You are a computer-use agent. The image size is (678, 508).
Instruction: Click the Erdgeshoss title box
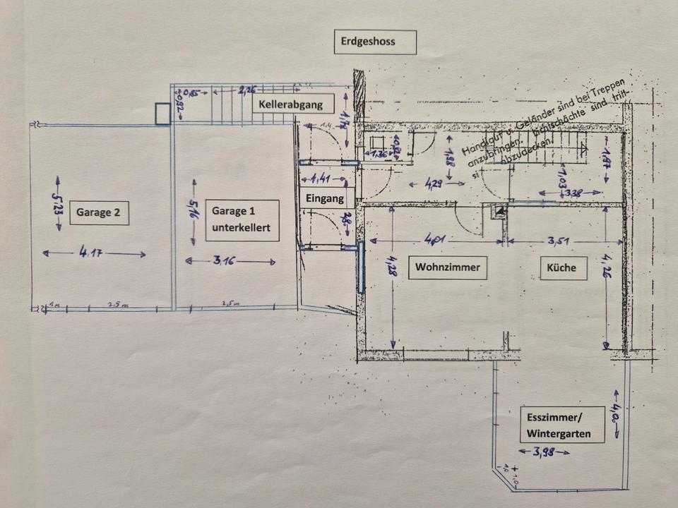pos(375,42)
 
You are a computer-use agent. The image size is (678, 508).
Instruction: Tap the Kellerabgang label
pos(291,105)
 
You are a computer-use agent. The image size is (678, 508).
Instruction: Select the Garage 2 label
pos(99,212)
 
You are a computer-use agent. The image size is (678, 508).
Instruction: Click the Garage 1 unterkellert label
pos(241,219)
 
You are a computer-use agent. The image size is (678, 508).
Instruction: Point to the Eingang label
pos(326,199)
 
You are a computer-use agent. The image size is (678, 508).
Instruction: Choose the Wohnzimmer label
pos(448,267)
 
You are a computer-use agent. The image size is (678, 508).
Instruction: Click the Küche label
pos(561,267)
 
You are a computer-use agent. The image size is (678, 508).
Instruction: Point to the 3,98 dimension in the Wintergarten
pos(543,452)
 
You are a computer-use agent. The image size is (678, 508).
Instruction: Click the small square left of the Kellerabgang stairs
pos(162,114)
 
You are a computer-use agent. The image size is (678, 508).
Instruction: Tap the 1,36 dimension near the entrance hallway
pos(379,154)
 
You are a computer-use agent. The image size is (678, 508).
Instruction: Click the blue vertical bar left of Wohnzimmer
pos(361,267)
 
